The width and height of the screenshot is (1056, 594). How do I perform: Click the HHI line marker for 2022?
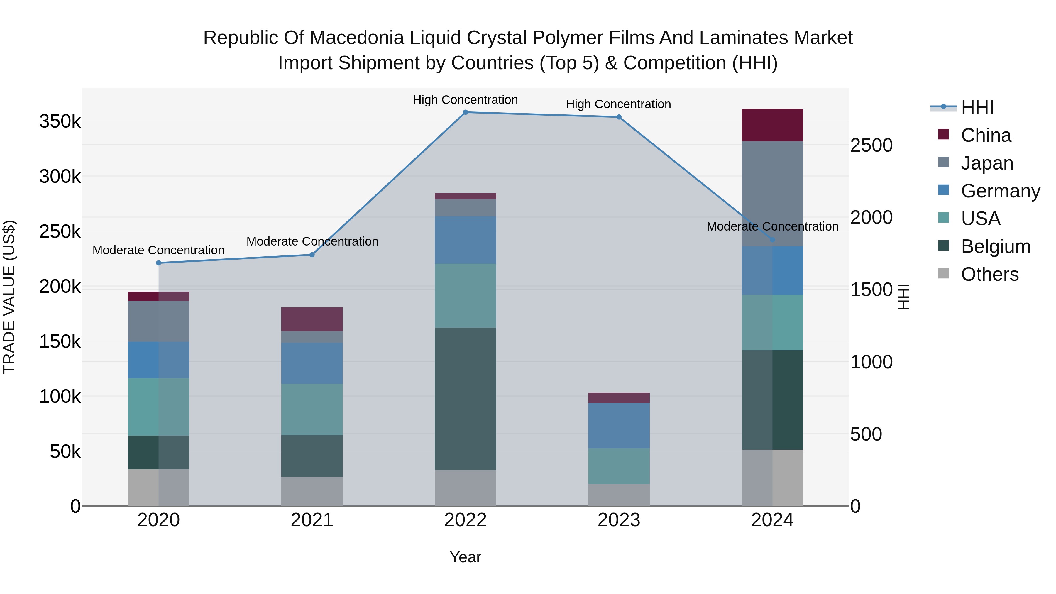pos(465,112)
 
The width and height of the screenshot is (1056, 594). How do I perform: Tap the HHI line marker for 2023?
pos(619,117)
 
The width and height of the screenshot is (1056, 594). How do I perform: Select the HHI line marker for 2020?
pos(159,263)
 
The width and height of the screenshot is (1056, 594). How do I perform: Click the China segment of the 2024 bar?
pos(772,125)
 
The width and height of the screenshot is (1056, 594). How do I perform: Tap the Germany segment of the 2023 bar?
pos(619,426)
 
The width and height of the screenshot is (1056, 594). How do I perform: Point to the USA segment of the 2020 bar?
pos(159,407)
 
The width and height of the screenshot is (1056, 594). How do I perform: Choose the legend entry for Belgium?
pos(995,247)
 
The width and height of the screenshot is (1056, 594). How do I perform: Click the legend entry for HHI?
pos(977,107)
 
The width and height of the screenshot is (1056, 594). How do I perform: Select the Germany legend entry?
pos(1000,191)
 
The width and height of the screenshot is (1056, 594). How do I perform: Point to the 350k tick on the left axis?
pos(60,122)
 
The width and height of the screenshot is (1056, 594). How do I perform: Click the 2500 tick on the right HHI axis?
pos(871,145)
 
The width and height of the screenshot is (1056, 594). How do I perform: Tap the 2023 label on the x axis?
pos(619,520)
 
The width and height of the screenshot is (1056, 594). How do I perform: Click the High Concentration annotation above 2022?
pos(465,100)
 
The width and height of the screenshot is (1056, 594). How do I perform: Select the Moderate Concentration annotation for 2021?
pos(312,241)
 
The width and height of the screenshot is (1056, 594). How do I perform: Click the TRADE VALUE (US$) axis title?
pos(9,297)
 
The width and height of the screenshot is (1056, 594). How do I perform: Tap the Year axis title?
pos(465,557)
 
